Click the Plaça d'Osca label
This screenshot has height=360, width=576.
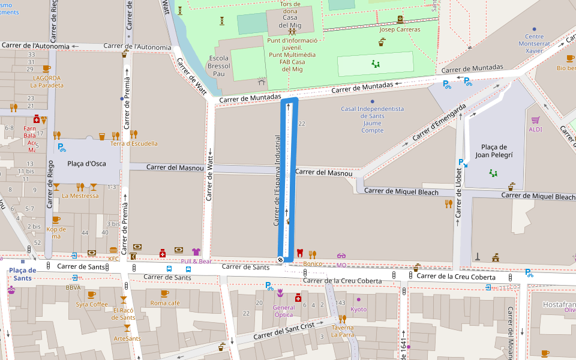(84, 164)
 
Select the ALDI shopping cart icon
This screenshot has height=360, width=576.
(535, 120)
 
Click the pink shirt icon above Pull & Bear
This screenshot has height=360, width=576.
(196, 251)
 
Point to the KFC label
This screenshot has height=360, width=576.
(114, 259)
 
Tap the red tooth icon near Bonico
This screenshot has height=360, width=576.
(300, 253)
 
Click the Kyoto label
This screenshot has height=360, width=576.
(358, 309)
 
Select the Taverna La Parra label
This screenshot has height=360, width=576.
(342, 331)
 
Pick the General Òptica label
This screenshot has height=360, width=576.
(283, 311)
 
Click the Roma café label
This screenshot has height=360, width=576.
(165, 303)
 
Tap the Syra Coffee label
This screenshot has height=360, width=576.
(92, 304)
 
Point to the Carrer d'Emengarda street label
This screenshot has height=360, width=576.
(439, 123)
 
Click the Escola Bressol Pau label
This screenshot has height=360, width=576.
(219, 65)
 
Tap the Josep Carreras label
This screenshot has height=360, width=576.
(400, 29)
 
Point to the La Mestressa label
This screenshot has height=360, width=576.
(80, 196)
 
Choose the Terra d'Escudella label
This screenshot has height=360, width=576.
(134, 143)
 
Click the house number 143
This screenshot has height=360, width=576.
(341, 302)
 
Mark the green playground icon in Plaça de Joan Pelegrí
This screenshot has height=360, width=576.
(494, 173)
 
